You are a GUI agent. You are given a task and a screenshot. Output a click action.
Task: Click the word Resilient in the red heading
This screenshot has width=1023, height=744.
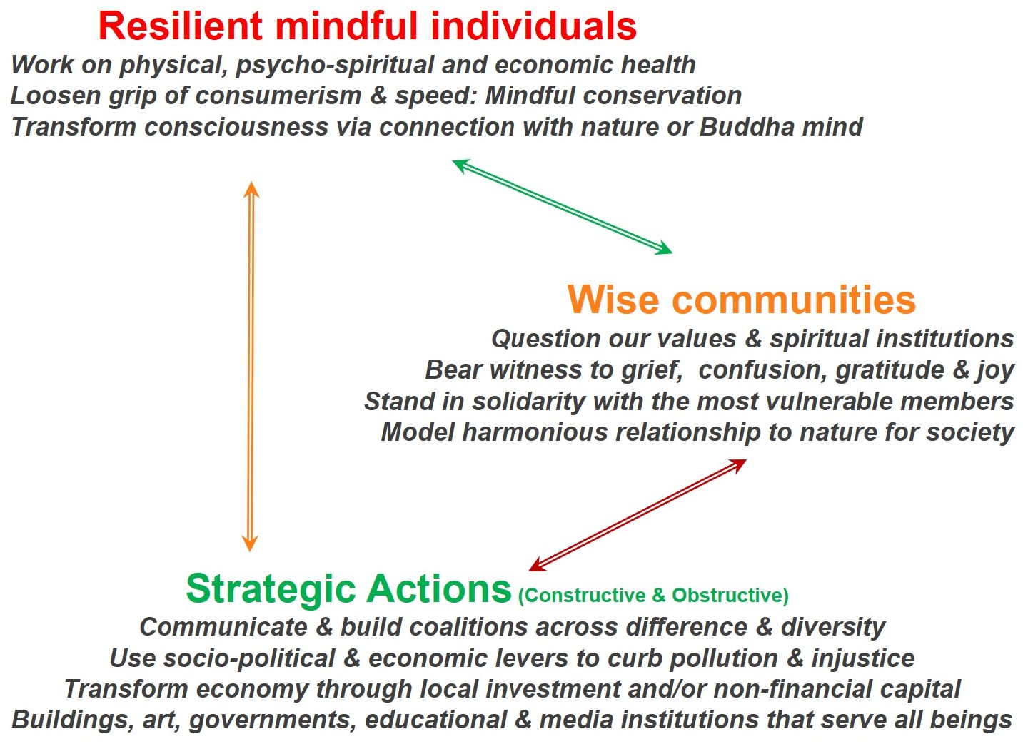[181, 26]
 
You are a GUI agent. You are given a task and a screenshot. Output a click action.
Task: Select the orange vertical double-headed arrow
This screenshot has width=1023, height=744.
[251, 367]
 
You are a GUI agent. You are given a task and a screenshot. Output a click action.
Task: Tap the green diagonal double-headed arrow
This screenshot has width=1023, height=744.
[563, 207]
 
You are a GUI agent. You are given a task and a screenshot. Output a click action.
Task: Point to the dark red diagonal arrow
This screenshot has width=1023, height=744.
[637, 515]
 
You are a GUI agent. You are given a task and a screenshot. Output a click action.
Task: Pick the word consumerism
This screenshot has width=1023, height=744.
[278, 96]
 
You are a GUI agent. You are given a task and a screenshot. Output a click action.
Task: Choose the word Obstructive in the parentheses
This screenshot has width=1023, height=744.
[730, 595]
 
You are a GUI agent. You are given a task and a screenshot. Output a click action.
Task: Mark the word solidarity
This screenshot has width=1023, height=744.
[528, 402]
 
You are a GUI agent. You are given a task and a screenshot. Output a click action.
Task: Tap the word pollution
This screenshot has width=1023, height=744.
[724, 658]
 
